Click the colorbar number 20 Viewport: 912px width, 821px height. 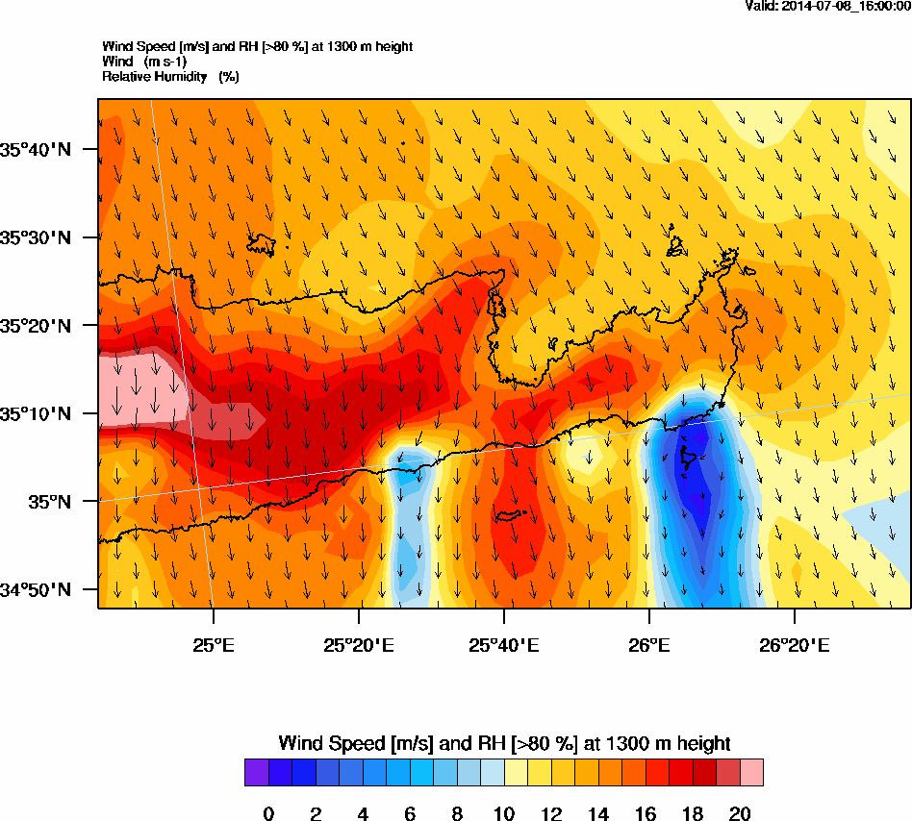tap(740, 814)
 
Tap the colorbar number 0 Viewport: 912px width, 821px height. tap(268, 814)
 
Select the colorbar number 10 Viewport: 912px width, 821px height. tap(504, 814)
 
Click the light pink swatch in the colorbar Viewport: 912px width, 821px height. tap(751, 772)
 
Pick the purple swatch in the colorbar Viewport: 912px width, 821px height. tap(257, 772)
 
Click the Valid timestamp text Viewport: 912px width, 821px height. tap(828, 6)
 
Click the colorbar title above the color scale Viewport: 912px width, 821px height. tap(504, 743)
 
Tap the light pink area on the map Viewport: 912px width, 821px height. tap(135, 388)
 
